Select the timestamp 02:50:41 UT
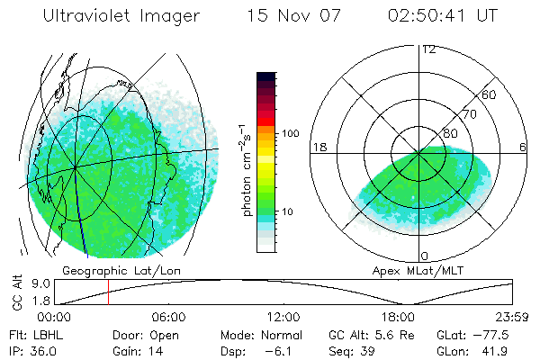coord(428,16)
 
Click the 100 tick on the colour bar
coord(290,133)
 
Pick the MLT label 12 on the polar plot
coord(428,49)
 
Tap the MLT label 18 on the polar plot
coord(318,147)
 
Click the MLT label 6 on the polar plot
coord(523,147)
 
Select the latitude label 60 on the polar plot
coord(490,95)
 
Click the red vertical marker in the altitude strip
coord(108,292)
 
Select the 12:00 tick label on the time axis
coord(283,317)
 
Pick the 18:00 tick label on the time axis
coord(398,317)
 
